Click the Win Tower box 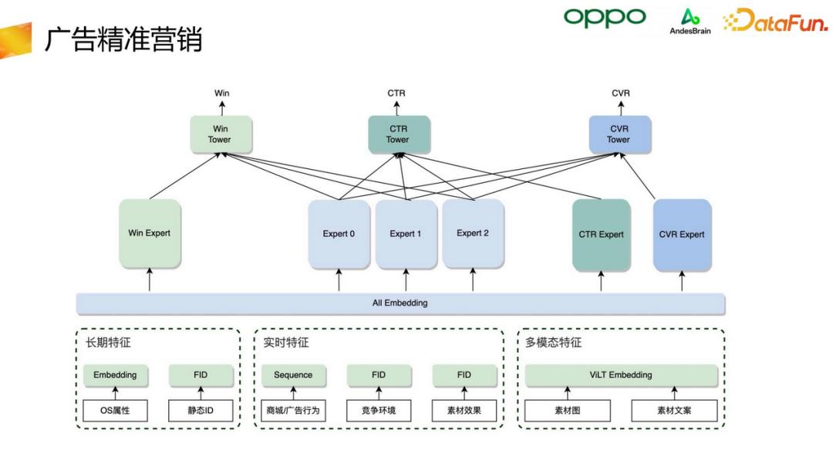pos(221,134)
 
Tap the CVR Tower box pos(619,134)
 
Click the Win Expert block pos(149,233)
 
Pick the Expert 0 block pos(339,234)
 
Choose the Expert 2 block pos(473,234)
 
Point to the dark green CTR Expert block pos(601,235)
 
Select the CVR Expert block pos(682,235)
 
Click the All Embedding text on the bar pos(400,303)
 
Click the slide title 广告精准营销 pos(123,39)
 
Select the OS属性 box pos(115,411)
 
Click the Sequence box pos(293,375)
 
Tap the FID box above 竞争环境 pos(379,375)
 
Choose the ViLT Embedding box pos(621,375)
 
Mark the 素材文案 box pos(674,411)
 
